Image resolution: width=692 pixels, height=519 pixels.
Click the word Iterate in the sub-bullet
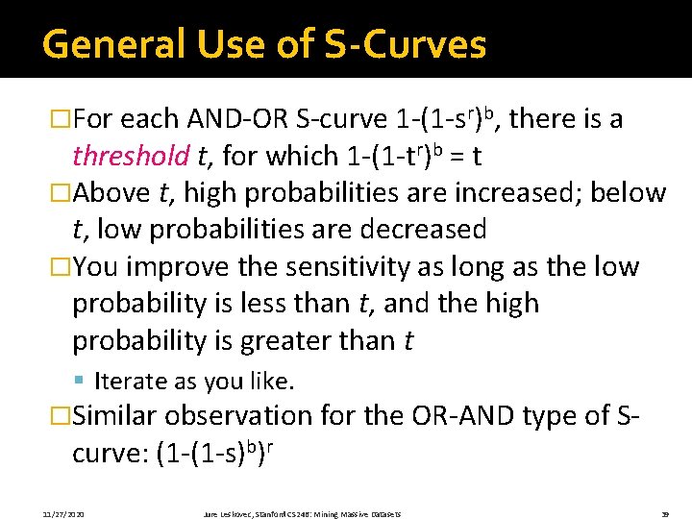click(130, 382)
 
